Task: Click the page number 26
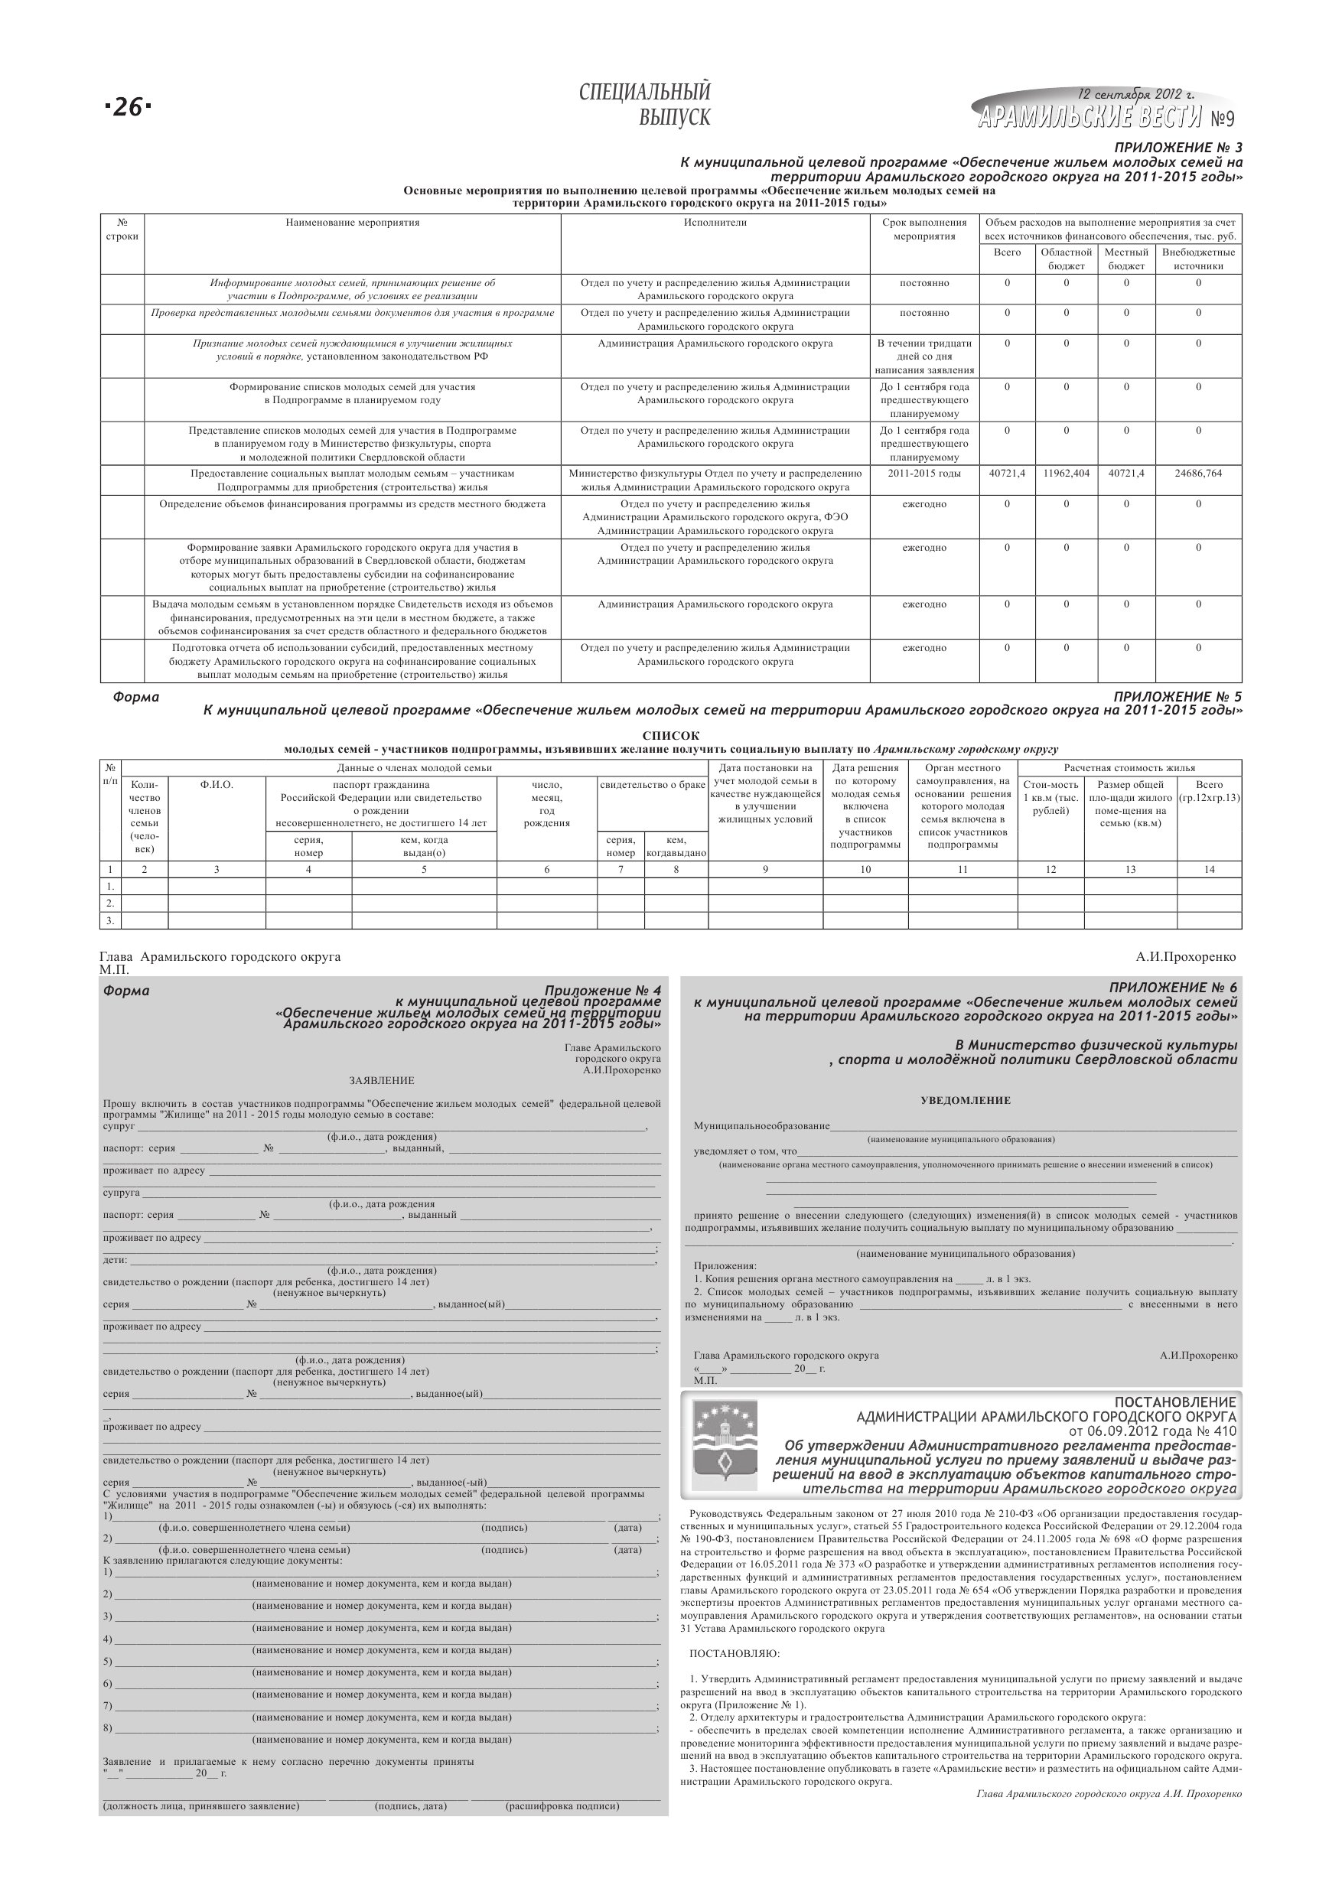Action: (x=129, y=106)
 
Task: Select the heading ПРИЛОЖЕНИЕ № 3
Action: (x=1178, y=148)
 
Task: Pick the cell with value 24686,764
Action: (x=1198, y=474)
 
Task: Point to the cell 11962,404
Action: (x=1066, y=474)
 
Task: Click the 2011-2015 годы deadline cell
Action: (x=924, y=474)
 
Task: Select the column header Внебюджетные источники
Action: (x=1198, y=259)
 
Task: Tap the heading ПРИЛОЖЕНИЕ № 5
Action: (x=1178, y=697)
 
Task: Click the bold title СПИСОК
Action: (x=670, y=736)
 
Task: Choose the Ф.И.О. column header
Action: (x=217, y=784)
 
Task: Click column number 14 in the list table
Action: (x=1209, y=869)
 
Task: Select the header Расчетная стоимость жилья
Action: (x=1129, y=767)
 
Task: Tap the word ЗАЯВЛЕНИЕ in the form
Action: (x=381, y=1080)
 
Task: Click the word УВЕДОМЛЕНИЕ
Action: (x=965, y=1100)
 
